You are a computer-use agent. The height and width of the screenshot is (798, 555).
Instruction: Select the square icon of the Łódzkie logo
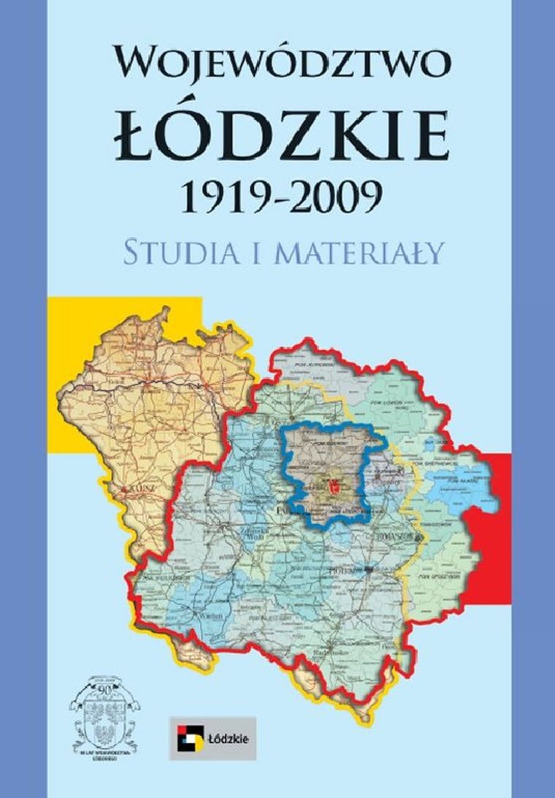(187, 738)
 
